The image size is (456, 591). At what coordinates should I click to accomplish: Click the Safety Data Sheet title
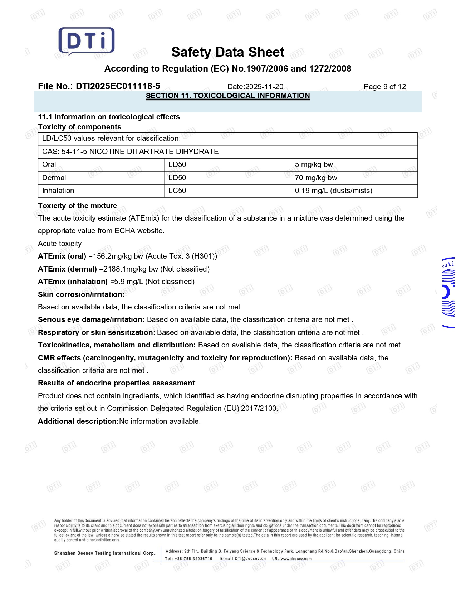click(228, 52)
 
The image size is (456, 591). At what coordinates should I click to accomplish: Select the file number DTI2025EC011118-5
click(118, 86)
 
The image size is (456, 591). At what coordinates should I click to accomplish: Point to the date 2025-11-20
click(264, 87)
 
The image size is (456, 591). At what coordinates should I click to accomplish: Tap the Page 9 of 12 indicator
click(385, 87)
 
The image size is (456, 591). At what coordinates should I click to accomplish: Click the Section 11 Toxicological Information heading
click(228, 96)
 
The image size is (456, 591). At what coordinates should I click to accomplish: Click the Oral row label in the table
click(49, 164)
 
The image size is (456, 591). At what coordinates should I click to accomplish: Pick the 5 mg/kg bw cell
click(314, 164)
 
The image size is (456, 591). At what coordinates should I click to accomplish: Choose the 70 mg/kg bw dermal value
click(316, 178)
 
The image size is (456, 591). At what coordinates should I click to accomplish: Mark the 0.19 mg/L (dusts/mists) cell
click(333, 191)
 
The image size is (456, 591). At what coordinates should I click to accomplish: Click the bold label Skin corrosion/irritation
click(81, 294)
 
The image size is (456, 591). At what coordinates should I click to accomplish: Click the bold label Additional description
click(78, 421)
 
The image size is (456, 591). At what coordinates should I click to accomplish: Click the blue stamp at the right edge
click(448, 292)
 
